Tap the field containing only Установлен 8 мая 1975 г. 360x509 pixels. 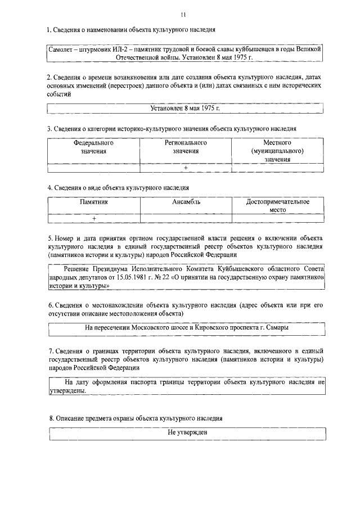tap(185, 107)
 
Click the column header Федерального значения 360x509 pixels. tap(93, 147)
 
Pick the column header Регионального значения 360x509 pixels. tap(186, 147)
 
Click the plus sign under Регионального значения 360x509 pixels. tap(185, 168)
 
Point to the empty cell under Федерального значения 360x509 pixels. tap(93, 168)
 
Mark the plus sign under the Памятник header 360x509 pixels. tap(93, 219)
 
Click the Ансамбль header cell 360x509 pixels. tap(186, 202)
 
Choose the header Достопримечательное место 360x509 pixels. tap(278, 205)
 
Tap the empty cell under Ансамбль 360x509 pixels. tap(186, 219)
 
